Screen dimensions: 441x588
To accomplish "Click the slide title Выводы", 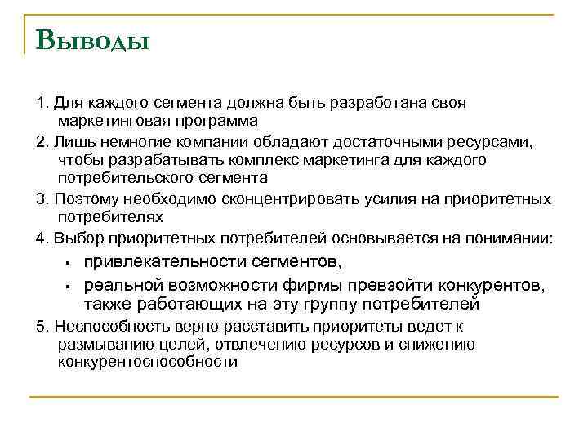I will [92, 38].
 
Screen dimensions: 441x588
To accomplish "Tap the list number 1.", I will [41, 104].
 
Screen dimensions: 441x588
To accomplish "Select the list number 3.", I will [41, 199].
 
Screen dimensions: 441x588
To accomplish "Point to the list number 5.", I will [41, 326].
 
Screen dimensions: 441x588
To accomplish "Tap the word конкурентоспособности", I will [148, 362].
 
